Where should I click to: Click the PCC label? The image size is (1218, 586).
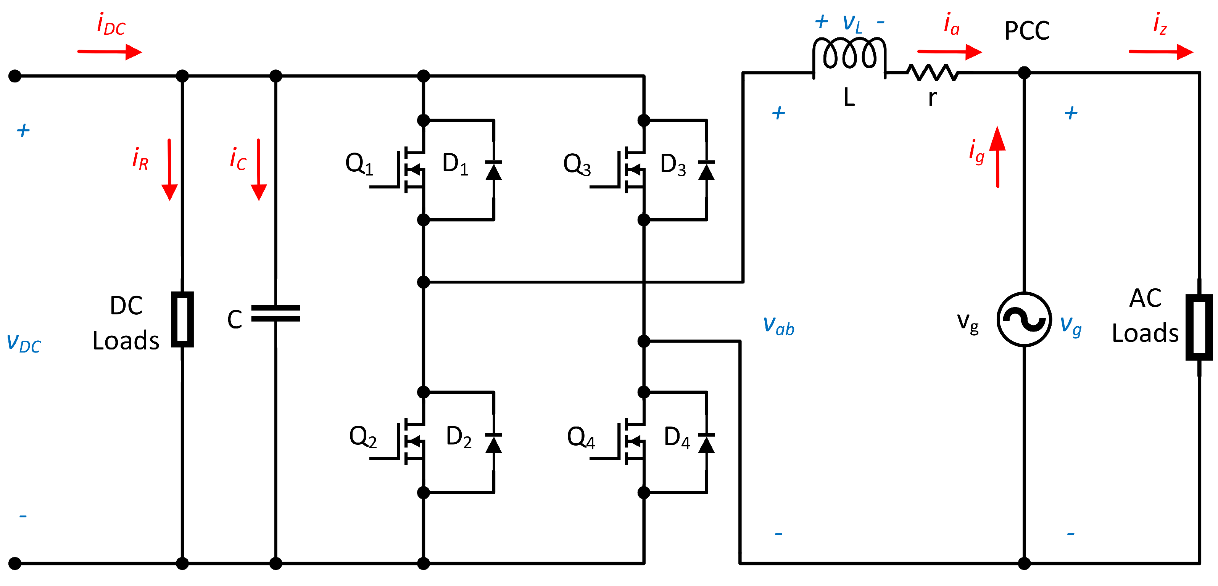point(1026,31)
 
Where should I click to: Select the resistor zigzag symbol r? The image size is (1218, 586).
point(933,72)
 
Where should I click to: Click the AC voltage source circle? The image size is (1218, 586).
point(1024,319)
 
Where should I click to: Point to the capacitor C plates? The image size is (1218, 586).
point(275,313)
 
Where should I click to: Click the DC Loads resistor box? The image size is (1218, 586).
point(182,319)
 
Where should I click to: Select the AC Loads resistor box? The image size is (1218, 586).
point(1199,327)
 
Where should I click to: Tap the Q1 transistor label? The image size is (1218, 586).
point(359,164)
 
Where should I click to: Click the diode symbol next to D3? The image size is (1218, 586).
point(706,170)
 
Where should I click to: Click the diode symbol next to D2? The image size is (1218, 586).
point(494,443)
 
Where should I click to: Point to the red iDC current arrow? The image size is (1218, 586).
point(110,52)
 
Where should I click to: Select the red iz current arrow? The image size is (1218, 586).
point(1160,52)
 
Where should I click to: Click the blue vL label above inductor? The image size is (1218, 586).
point(852,23)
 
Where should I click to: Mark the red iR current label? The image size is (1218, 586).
point(140,159)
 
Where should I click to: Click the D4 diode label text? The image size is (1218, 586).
point(677,437)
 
